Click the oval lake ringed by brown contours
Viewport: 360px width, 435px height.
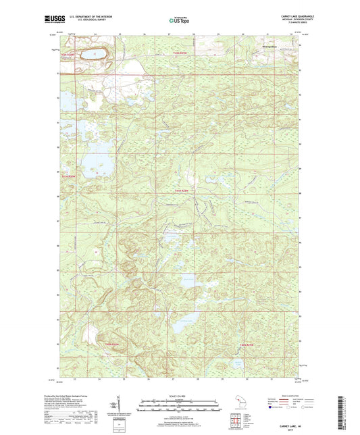pyautogui.click(x=92, y=53)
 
